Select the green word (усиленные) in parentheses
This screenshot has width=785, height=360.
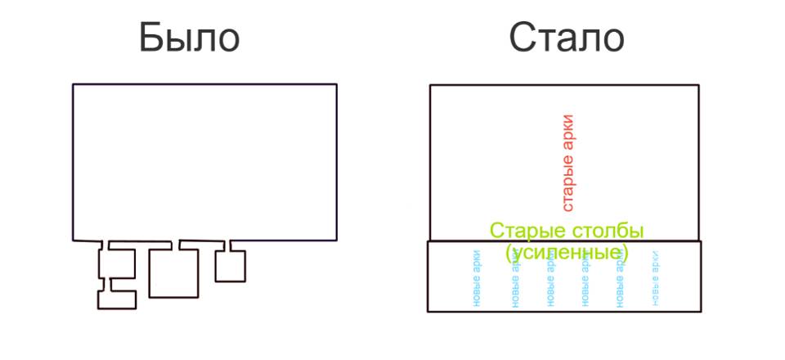pyautogui.click(x=567, y=251)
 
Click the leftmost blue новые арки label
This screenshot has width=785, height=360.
pyautogui.click(x=477, y=278)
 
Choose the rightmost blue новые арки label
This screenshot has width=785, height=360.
pyautogui.click(x=655, y=278)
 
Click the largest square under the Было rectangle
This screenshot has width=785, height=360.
pyautogui.click(x=174, y=272)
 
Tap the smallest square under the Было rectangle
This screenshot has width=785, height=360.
pyautogui.click(x=231, y=265)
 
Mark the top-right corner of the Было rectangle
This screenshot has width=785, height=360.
pyautogui.click(x=336, y=84)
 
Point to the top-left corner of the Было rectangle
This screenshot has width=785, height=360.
pyautogui.click(x=73, y=84)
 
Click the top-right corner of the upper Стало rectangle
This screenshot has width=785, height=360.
pyautogui.click(x=699, y=85)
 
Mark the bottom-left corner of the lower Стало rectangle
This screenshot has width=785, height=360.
pyautogui.click(x=428, y=311)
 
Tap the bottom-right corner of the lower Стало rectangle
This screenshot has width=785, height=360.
pyautogui.click(x=701, y=311)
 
